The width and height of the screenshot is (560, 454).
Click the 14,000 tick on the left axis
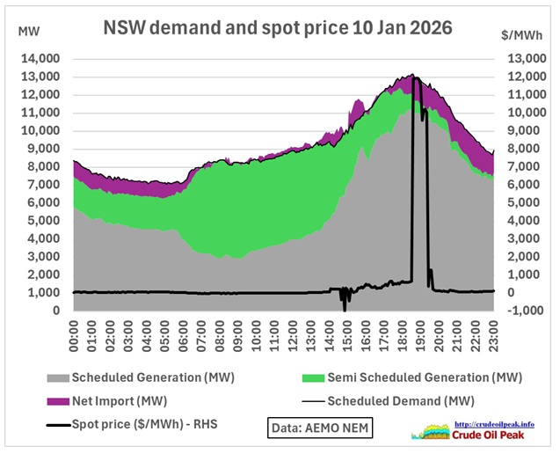click(39, 58)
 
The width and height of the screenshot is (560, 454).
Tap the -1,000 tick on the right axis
click(520, 311)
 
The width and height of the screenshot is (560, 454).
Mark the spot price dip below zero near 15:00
click(345, 309)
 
